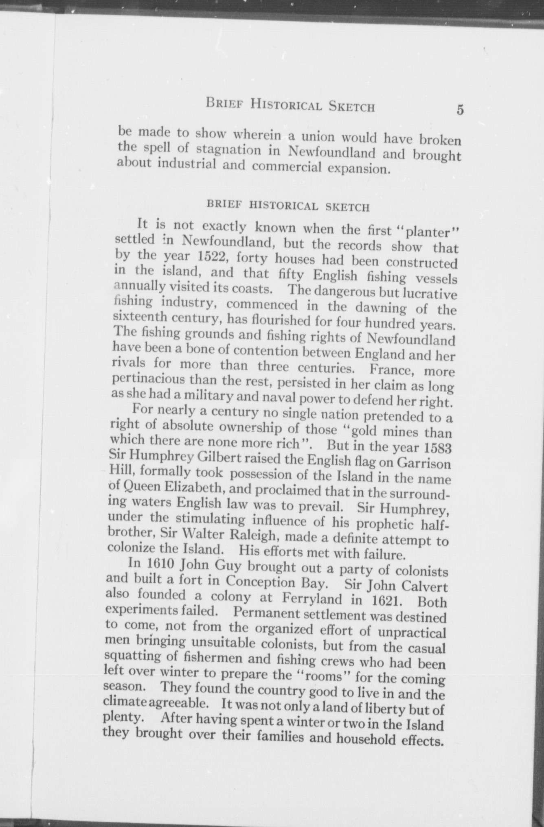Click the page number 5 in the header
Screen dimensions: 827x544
460,110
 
